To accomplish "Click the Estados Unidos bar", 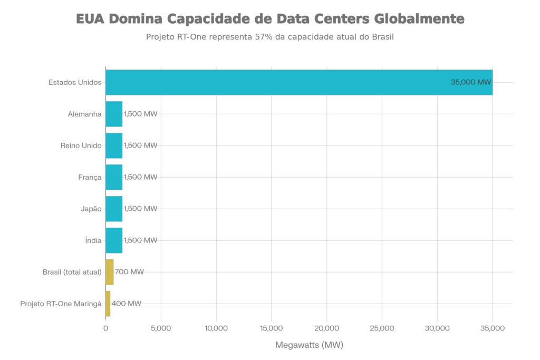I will point(299,82).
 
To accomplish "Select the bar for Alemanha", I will point(114,114).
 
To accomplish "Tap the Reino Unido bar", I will point(114,145).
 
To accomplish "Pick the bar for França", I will point(114,177).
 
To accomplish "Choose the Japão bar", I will point(114,209).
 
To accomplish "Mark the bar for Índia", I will point(114,240).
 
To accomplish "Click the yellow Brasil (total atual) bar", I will point(110,272).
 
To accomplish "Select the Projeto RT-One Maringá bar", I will point(108,304).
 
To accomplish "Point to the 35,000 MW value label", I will point(471,82).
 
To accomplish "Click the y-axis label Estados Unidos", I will point(75,82).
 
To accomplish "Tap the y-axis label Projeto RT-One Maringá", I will point(61,304).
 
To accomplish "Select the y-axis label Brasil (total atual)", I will point(72,272).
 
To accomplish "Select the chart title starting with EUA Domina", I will point(270,20).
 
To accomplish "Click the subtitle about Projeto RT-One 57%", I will point(270,38).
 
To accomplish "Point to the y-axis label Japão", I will point(91,209).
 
